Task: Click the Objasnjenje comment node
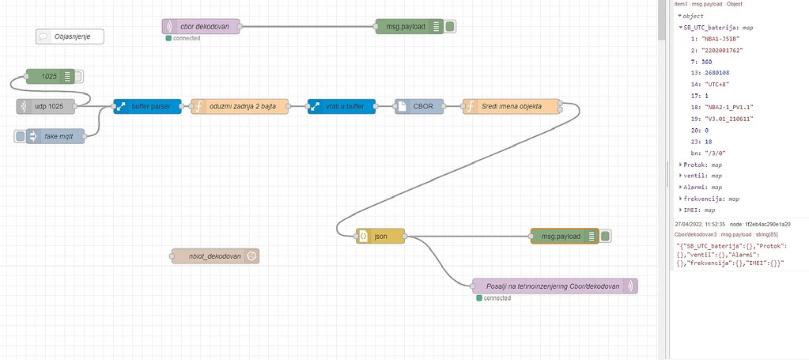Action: (x=70, y=36)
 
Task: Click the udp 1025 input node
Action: (x=52, y=105)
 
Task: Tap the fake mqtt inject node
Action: (x=60, y=136)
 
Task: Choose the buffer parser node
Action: (x=147, y=105)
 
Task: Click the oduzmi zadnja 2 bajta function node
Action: (x=240, y=105)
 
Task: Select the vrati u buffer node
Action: (x=342, y=105)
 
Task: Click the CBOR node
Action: (x=418, y=105)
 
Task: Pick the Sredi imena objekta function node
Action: (x=511, y=105)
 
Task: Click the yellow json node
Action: (x=380, y=236)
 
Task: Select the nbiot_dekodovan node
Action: (x=214, y=256)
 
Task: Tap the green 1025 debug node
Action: (x=50, y=77)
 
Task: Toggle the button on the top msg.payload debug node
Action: (x=450, y=26)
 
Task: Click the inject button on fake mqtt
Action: (x=21, y=136)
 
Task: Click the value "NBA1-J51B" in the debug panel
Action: (x=714, y=38)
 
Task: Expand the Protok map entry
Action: (x=680, y=165)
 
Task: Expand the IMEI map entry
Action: (x=680, y=210)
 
